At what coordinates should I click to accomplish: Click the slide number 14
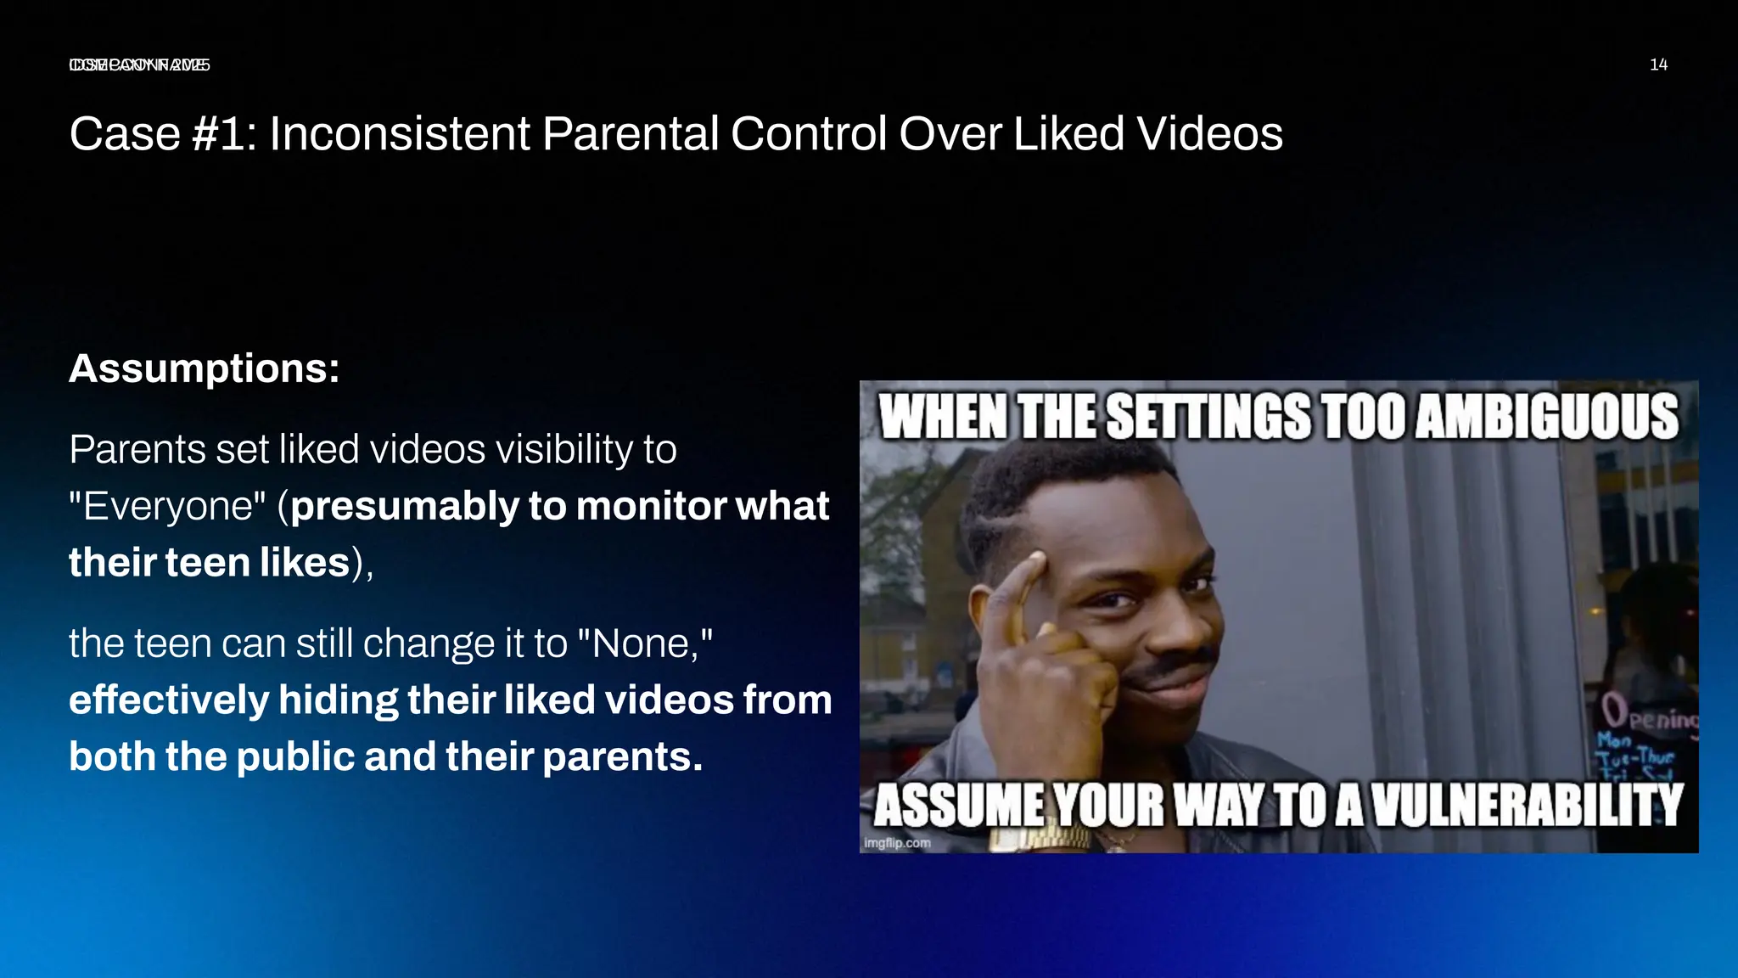tap(1658, 65)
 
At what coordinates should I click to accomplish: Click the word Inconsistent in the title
tap(399, 134)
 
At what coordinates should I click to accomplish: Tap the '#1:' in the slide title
tap(225, 134)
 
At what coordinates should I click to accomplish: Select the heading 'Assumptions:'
tap(205, 368)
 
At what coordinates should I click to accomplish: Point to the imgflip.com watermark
tap(897, 843)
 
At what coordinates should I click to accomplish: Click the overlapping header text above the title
tap(140, 65)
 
